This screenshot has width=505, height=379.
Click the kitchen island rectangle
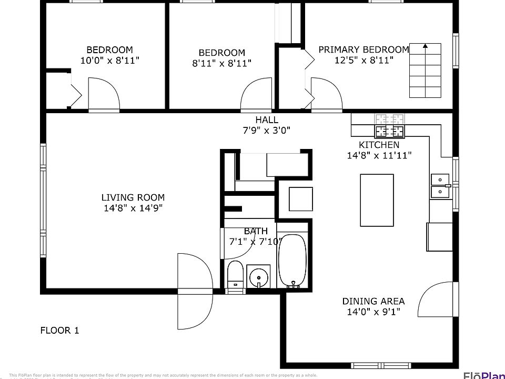coord(377,200)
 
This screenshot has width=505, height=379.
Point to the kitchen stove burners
coord(390,126)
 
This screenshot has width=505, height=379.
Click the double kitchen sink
coord(440,186)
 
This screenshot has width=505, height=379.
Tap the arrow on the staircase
coord(425,47)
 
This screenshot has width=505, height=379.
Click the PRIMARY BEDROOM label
coord(363,49)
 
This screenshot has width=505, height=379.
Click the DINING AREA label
coord(373,301)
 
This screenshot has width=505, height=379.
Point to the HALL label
coord(267,120)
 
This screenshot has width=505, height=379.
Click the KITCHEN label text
coord(379,145)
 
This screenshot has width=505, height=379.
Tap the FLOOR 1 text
coord(59,331)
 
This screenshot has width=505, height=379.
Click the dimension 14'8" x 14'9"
coord(133,208)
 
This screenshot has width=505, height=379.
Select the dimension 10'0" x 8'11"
coord(109,61)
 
